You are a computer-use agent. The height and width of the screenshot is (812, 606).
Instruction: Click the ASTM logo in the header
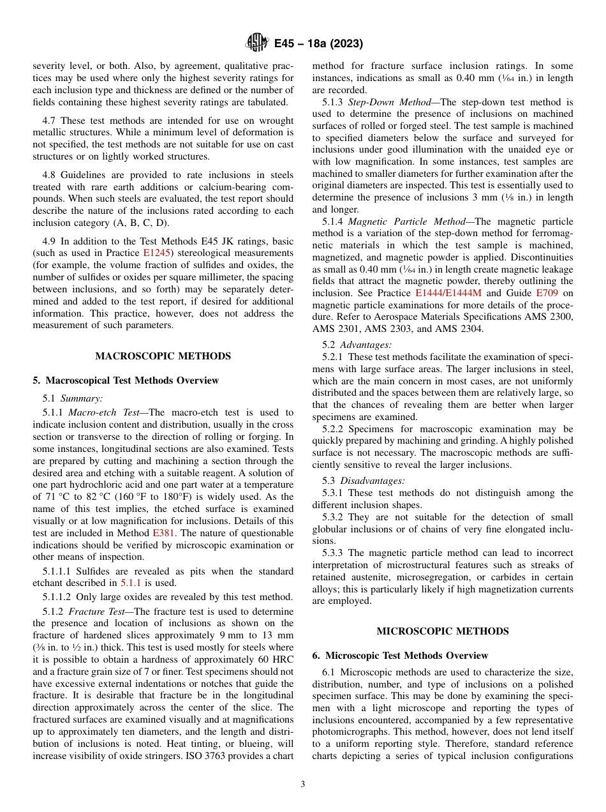click(x=257, y=43)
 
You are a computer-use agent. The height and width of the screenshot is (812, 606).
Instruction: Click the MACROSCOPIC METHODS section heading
click(x=163, y=356)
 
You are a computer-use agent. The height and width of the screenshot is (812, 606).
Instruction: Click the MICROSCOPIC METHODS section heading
click(x=443, y=631)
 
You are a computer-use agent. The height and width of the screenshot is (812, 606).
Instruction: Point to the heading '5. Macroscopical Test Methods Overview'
click(x=126, y=380)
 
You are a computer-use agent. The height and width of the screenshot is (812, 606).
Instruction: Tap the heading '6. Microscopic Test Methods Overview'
click(x=400, y=656)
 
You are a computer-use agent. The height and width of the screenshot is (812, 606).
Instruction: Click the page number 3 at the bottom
click(x=303, y=785)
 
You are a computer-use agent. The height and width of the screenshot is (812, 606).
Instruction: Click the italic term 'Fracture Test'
click(x=95, y=612)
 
